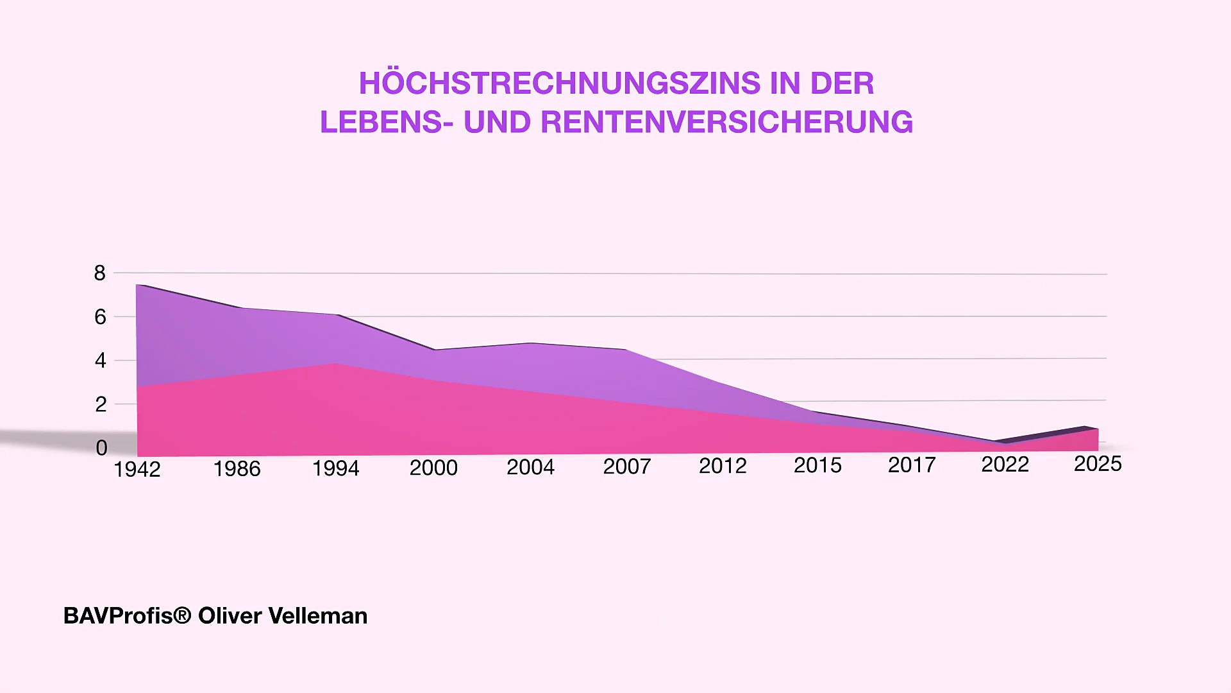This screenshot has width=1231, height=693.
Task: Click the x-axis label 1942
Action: (137, 470)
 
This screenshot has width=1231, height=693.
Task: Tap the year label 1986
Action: (237, 469)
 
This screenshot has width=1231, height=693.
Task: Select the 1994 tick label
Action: (335, 468)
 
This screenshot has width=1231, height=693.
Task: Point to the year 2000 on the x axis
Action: (433, 468)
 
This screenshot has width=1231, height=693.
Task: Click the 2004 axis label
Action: (530, 467)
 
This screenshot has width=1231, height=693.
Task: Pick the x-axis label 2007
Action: (626, 466)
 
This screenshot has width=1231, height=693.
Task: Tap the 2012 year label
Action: (723, 466)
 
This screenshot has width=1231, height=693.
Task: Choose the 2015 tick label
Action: (817, 465)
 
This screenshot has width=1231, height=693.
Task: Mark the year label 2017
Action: (912, 465)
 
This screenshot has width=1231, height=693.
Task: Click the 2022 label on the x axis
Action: (1005, 464)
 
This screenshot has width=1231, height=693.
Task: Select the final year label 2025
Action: (1098, 463)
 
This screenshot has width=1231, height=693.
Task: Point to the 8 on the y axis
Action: (100, 273)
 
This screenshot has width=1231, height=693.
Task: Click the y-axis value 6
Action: (100, 317)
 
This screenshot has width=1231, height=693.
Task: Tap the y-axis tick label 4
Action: (101, 361)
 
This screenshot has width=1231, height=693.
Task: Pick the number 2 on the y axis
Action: (101, 404)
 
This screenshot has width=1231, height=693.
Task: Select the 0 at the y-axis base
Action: (101, 448)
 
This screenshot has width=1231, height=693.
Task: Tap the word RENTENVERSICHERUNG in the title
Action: (726, 123)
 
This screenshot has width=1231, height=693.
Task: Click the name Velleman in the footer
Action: (317, 616)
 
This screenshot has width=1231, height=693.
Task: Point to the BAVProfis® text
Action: (127, 616)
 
